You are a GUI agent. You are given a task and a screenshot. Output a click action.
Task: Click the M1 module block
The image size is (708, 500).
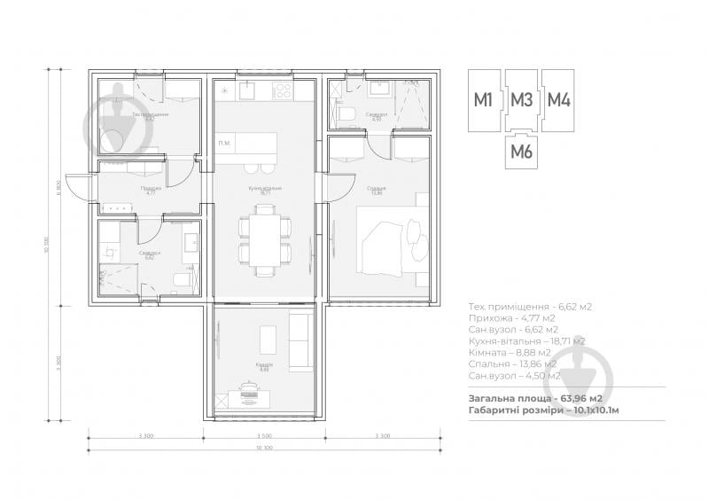click(484, 99)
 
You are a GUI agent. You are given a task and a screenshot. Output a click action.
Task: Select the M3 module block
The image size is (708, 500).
click(521, 99)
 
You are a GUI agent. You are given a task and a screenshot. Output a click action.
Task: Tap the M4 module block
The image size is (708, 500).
click(558, 99)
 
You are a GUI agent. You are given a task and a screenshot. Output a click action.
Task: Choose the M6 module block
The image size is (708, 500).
click(521, 152)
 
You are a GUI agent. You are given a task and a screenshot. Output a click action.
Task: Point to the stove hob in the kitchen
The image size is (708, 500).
click(284, 90)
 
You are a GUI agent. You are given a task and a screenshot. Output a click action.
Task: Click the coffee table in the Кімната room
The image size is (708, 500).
click(268, 339)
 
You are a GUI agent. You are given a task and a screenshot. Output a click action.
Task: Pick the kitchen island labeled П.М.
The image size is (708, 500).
click(247, 144)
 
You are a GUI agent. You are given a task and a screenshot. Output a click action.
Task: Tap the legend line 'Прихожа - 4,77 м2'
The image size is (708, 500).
click(512, 317)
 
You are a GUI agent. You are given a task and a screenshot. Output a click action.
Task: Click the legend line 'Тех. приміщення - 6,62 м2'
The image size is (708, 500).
click(530, 306)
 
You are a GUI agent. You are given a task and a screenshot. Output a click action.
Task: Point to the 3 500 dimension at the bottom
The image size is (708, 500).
click(263, 435)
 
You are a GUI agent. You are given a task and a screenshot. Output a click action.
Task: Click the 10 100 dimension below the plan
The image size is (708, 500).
click(263, 449)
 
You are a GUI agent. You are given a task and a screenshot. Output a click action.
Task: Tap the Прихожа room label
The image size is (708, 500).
click(150, 189)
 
